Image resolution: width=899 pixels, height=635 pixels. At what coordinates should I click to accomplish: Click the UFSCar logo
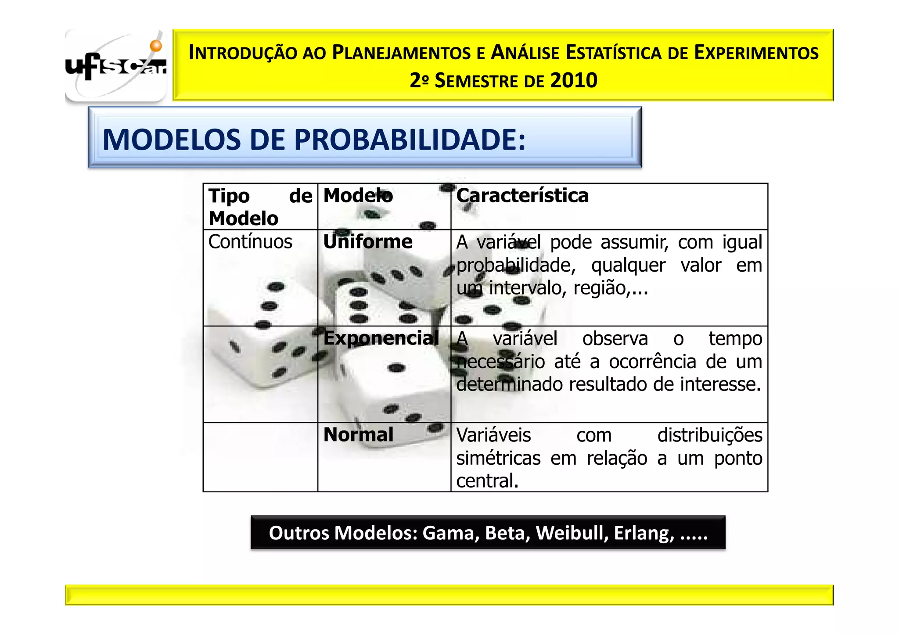click(115, 66)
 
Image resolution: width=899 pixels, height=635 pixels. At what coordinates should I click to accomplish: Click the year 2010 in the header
click(573, 81)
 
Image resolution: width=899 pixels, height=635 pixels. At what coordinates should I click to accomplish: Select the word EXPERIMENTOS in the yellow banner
click(756, 53)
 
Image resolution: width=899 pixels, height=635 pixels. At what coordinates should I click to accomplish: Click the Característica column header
click(522, 196)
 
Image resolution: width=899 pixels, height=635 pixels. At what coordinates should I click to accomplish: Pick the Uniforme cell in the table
click(368, 242)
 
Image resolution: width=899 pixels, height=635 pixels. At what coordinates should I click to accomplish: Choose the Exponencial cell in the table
click(381, 338)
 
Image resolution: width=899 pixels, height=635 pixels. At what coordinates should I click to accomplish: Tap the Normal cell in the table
click(358, 435)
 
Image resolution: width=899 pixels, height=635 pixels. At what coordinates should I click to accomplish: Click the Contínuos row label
click(250, 242)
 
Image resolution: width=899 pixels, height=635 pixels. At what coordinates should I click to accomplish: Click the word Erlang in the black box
click(644, 533)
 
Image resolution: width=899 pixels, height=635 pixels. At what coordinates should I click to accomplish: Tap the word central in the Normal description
click(487, 481)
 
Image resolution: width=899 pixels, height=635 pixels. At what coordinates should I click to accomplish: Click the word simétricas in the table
click(498, 458)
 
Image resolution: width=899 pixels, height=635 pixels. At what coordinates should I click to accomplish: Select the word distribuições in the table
click(709, 435)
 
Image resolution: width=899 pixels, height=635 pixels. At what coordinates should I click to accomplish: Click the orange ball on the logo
click(156, 46)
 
